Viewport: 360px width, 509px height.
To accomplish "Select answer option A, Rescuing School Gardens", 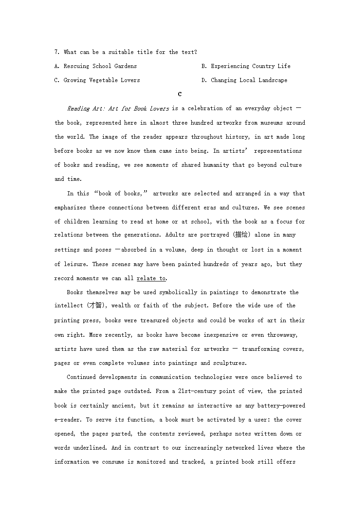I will click(x=95, y=66).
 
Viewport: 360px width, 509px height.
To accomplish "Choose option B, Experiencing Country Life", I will click(x=246, y=66).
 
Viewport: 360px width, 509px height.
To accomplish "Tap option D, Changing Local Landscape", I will click(x=244, y=80).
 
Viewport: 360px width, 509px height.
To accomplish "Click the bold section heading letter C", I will click(x=180, y=94).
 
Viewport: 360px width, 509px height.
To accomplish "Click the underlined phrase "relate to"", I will click(x=151, y=278).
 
